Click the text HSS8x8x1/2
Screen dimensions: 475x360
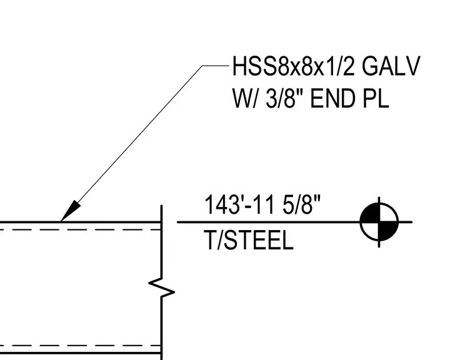click(293, 66)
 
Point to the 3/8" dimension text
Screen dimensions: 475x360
click(284, 98)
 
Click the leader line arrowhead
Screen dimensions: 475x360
click(71, 211)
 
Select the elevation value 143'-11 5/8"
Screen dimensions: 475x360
click(262, 205)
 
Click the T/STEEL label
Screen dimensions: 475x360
click(249, 240)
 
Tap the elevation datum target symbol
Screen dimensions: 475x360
click(379, 222)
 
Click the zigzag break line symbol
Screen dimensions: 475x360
click(161, 288)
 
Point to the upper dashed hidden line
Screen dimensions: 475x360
click(80, 230)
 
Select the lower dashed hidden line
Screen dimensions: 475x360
click(80, 346)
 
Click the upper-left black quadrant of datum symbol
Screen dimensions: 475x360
click(370, 213)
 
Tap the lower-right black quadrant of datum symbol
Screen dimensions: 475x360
click(388, 231)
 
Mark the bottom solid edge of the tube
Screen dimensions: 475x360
click(80, 353)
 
